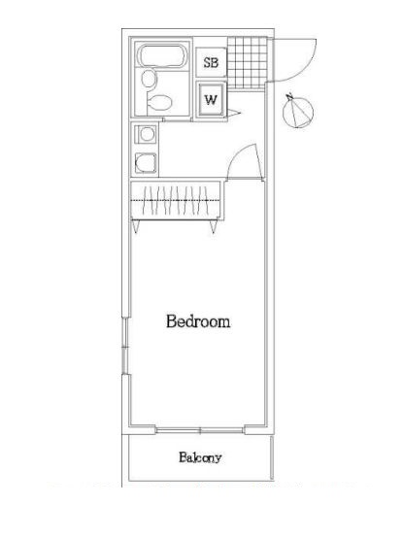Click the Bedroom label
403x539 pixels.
pos(198,321)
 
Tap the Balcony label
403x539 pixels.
pos(200,457)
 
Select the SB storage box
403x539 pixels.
pos(211,62)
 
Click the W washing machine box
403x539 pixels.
pos(211,100)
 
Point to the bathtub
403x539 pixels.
pos(162,56)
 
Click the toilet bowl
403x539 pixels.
pos(159,102)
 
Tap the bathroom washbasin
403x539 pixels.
pos(149,79)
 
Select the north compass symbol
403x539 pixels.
pos(298,111)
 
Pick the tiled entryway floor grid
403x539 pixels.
pos(247,62)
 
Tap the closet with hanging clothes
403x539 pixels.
pos(176,200)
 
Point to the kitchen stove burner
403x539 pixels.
pos(147,134)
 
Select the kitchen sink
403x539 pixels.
pos(146,163)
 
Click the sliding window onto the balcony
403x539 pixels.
pos(200,430)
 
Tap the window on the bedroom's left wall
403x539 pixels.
pos(125,346)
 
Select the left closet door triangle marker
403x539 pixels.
pos(136,227)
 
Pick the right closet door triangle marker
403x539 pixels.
pos(214,227)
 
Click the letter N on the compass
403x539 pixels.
pos(290,96)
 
